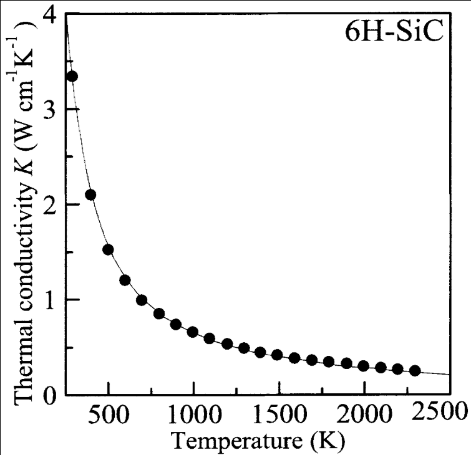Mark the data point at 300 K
pyautogui.click(x=72, y=76)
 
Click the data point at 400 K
pyautogui.click(x=90, y=194)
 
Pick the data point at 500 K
pyautogui.click(x=108, y=249)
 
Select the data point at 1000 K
pyautogui.click(x=193, y=332)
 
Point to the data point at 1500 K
pyautogui.click(x=278, y=355)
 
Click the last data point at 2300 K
pyautogui.click(x=415, y=371)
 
